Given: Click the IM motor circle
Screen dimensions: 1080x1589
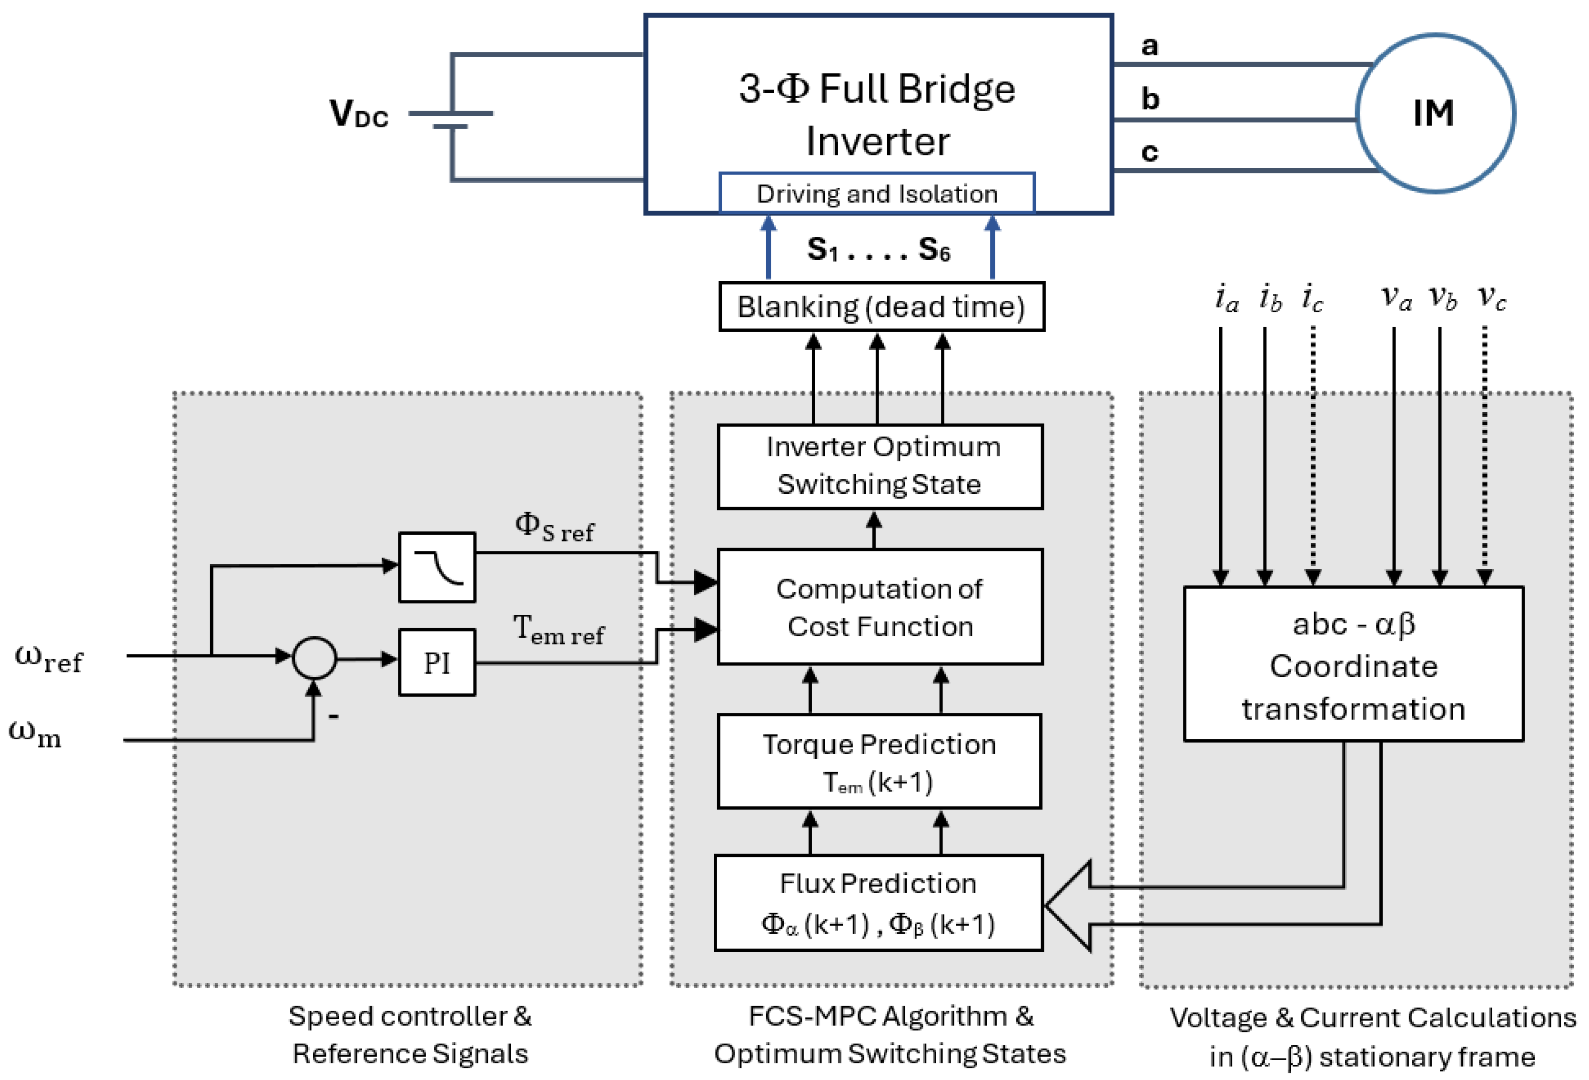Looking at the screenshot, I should click(x=1435, y=113).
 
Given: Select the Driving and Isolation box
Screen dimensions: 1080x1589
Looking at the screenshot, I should click(x=877, y=194).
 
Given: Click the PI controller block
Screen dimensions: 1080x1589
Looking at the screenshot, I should click(x=437, y=662).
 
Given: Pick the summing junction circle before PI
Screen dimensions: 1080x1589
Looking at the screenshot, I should click(x=314, y=658).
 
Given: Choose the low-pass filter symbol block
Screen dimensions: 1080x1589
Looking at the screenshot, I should click(x=437, y=567).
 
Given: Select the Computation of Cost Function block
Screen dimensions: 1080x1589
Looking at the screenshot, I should click(x=880, y=607).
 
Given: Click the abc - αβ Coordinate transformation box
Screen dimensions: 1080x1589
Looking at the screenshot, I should click(x=1353, y=664).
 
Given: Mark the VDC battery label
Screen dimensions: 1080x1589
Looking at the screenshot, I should click(x=359, y=113).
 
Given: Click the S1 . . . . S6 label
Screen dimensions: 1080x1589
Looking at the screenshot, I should click(x=878, y=250).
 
